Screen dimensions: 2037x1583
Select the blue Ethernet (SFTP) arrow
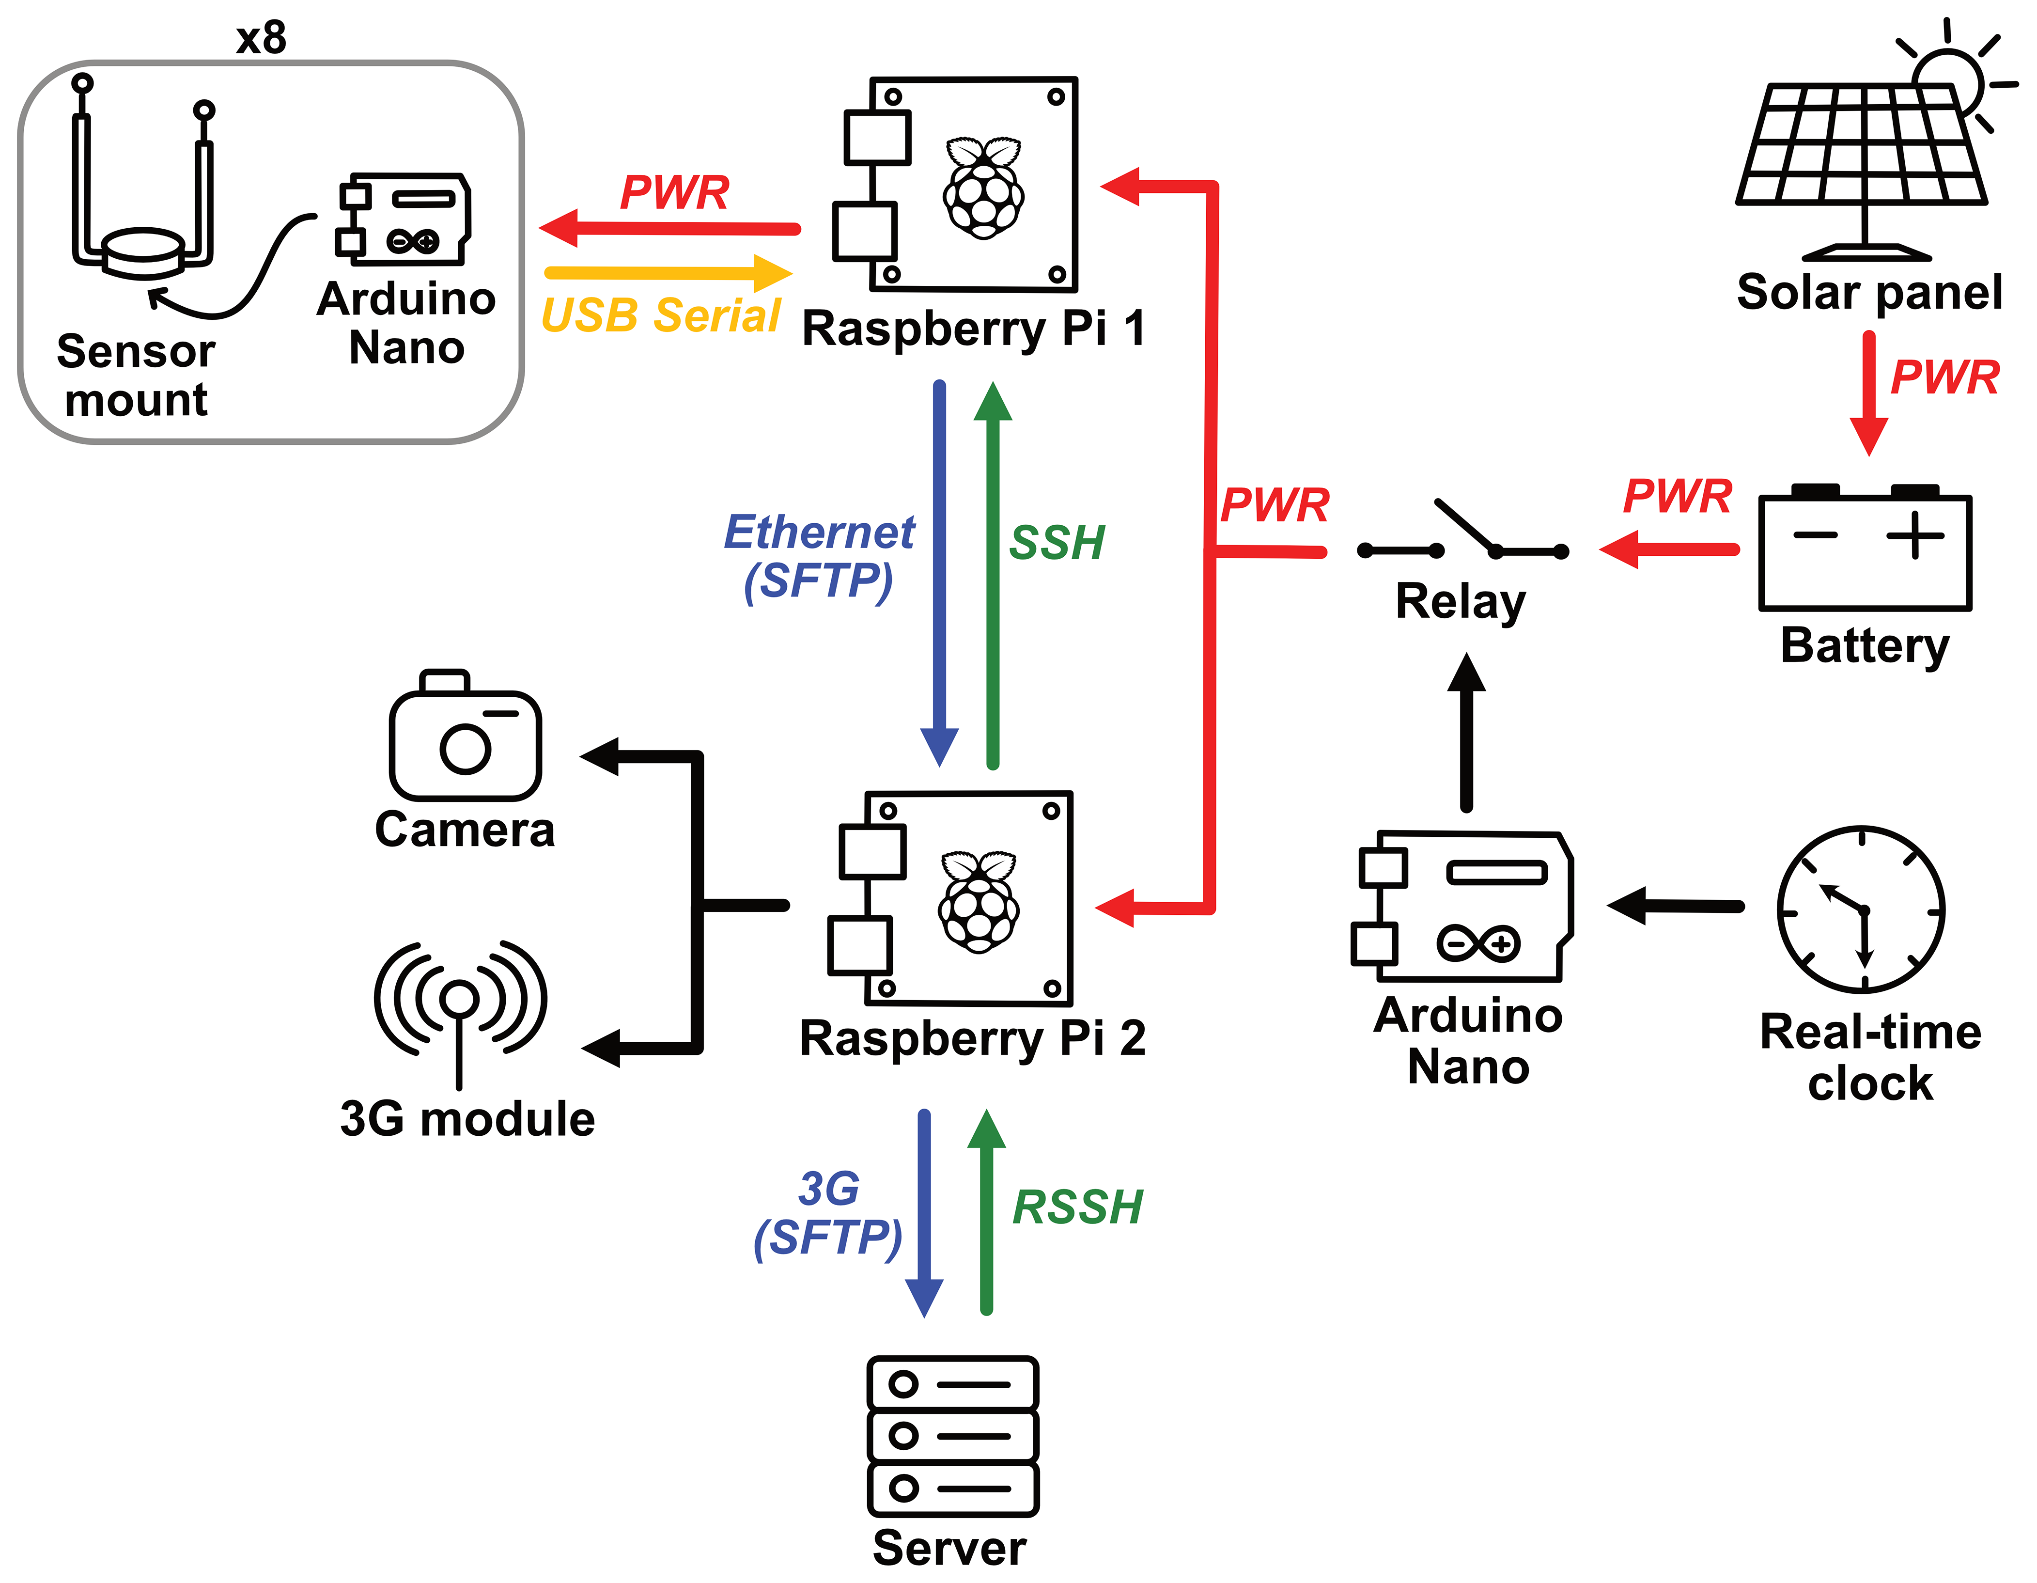click(x=939, y=573)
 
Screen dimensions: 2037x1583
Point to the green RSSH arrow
click(x=986, y=1212)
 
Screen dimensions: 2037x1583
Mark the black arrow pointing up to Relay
click(x=1466, y=731)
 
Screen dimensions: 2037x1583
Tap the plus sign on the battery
click(x=1915, y=534)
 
